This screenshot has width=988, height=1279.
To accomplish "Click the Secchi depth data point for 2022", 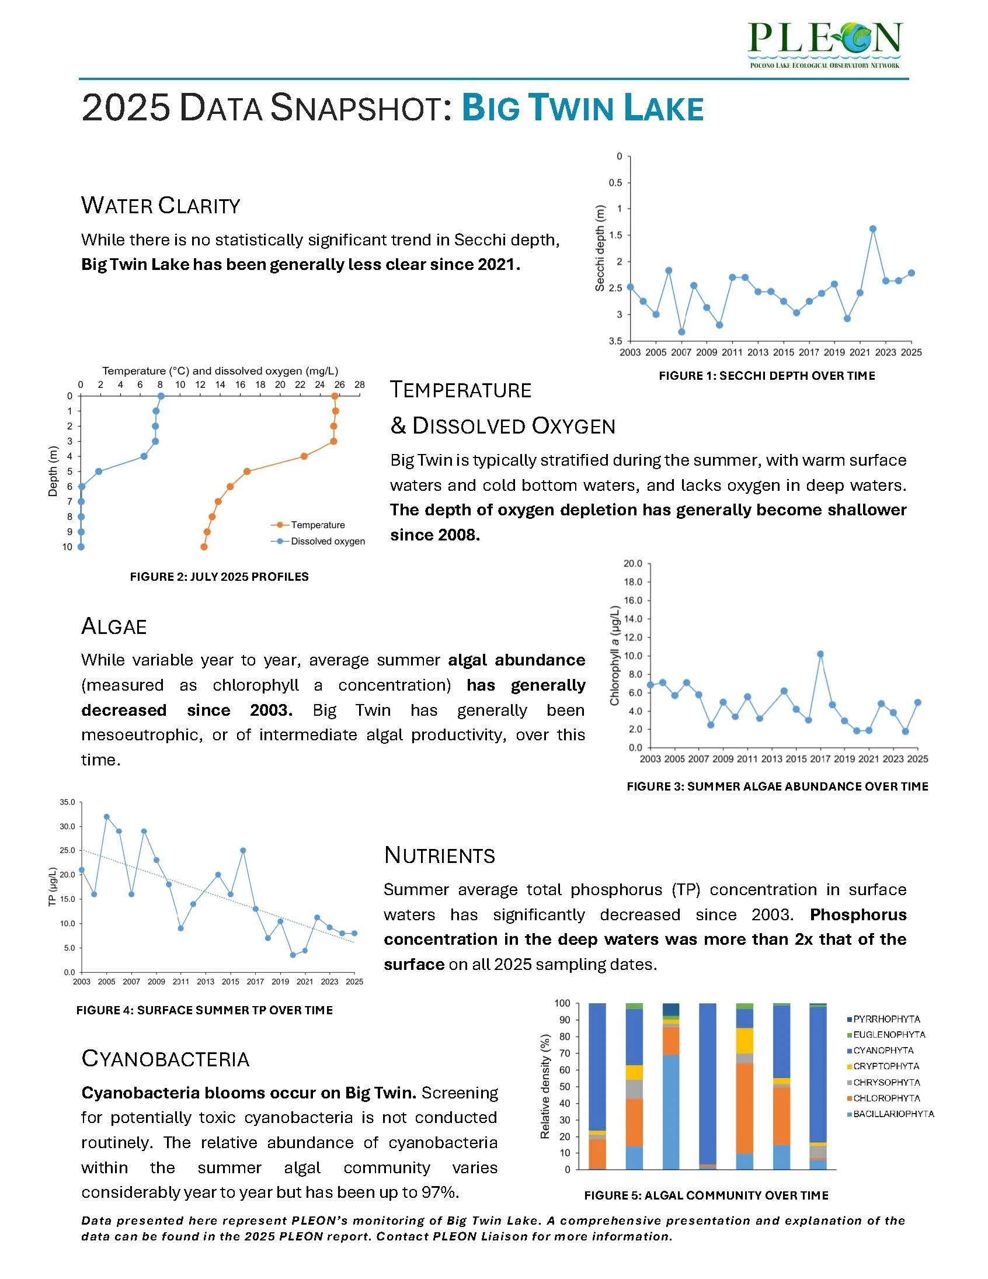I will [873, 229].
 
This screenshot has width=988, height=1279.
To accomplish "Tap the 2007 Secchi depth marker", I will [681, 332].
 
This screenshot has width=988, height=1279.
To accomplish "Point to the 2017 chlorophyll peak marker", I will [820, 654].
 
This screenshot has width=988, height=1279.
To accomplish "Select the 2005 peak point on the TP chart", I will [106, 816].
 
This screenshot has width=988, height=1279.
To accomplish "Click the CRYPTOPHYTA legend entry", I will [886, 1066].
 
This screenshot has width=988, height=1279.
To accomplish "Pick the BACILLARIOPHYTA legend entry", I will [893, 1114].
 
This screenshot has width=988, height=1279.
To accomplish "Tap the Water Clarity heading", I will [161, 206].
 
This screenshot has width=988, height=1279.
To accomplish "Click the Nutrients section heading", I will [440, 855].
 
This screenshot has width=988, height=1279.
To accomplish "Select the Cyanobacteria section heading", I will [166, 1059].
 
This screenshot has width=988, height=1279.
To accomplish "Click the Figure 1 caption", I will [767, 376].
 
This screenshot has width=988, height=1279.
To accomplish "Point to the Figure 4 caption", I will [204, 1010].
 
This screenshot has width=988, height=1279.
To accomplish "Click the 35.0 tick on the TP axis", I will [67, 802].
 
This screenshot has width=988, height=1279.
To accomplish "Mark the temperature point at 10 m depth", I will [204, 547].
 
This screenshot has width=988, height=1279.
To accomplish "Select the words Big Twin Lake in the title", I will [582, 108].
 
